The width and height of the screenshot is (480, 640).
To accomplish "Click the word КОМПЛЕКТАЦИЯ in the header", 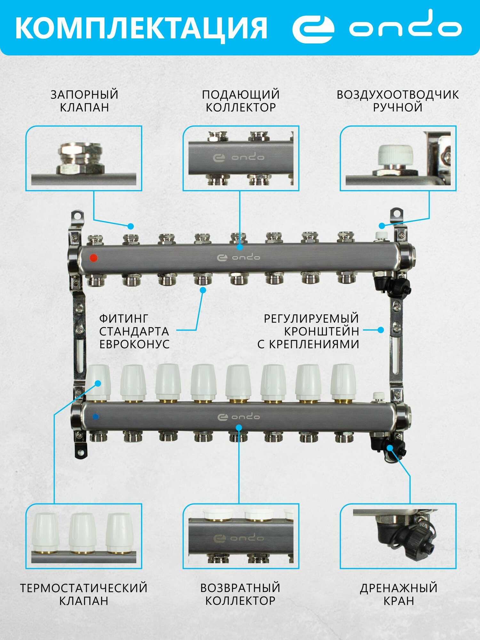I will [141, 28].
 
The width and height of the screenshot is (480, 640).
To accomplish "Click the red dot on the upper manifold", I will [93, 258].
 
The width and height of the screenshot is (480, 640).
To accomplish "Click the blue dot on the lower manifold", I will [95, 417].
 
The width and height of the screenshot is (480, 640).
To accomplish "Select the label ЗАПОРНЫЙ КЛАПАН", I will [84, 101].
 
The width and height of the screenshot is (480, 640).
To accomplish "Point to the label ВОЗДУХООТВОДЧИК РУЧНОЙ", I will [398, 101].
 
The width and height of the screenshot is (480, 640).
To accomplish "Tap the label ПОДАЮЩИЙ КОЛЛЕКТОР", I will [241, 101].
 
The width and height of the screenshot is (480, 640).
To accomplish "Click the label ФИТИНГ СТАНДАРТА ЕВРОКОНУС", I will [134, 331].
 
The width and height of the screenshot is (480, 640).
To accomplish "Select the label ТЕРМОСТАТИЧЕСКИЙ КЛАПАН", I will [84, 594].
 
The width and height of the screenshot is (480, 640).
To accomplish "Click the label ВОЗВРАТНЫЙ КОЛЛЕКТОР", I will [240, 594].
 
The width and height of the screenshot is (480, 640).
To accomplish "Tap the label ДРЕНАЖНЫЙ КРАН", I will [399, 594].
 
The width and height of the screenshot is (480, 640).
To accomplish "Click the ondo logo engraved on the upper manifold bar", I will [238, 258].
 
